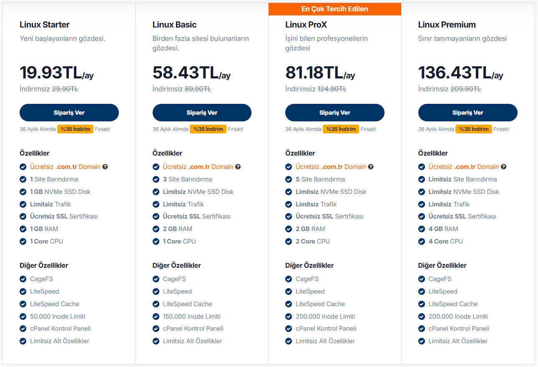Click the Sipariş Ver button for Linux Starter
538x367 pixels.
(x=69, y=113)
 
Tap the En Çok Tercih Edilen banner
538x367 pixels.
(x=334, y=9)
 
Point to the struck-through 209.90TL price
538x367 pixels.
(x=465, y=89)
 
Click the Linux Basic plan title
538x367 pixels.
(x=174, y=25)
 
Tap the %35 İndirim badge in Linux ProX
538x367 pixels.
(x=341, y=129)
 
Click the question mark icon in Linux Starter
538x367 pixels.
(x=105, y=167)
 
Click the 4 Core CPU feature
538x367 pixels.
(x=445, y=241)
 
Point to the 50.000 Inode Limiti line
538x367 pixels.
(x=58, y=317)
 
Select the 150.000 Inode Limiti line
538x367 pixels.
(x=191, y=317)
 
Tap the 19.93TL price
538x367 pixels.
(x=51, y=73)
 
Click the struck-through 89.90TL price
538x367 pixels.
(x=198, y=89)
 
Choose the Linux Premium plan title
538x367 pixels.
(x=447, y=25)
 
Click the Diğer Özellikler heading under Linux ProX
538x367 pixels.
(x=309, y=265)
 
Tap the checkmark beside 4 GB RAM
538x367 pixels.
(x=421, y=229)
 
